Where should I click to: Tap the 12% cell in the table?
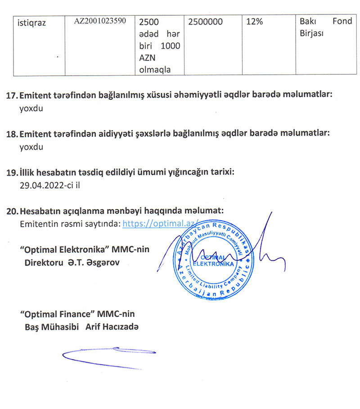[255, 22]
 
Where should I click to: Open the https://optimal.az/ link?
[160, 223]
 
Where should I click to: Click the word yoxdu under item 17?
[31, 108]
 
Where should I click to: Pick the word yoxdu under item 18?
[31, 147]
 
